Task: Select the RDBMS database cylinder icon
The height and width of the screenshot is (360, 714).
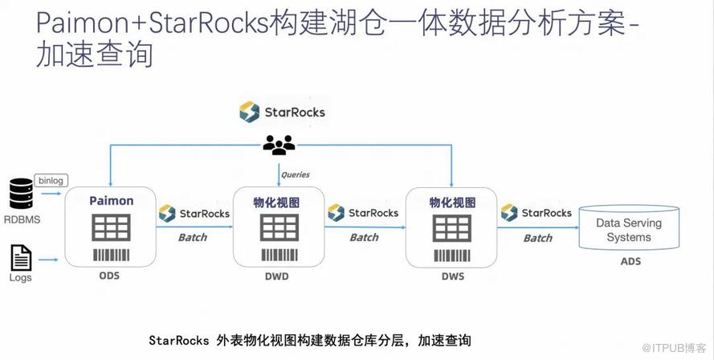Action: pyautogui.click(x=21, y=194)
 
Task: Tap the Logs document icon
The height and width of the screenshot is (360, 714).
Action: pyautogui.click(x=21, y=258)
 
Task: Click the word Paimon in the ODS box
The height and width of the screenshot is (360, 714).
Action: pyautogui.click(x=111, y=201)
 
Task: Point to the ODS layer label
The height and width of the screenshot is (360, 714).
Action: pyautogui.click(x=109, y=276)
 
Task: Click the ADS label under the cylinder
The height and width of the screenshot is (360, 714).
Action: pyautogui.click(x=630, y=262)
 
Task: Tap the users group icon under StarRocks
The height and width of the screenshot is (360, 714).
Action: pyautogui.click(x=279, y=145)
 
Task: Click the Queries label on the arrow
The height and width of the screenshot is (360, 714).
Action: pyautogui.click(x=295, y=174)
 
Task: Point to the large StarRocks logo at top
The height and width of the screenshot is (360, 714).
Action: pyautogui.click(x=282, y=112)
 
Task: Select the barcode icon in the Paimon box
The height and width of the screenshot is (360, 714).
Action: pyautogui.click(x=111, y=256)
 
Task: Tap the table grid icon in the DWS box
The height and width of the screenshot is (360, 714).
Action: pyautogui.click(x=452, y=229)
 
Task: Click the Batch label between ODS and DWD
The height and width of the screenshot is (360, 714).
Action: pyautogui.click(x=192, y=237)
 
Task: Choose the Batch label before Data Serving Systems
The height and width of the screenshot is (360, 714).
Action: pyautogui.click(x=537, y=238)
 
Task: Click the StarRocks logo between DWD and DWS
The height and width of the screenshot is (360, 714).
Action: pyautogui.click(x=363, y=213)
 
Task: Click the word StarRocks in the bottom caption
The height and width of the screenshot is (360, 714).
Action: pyautogui.click(x=180, y=340)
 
